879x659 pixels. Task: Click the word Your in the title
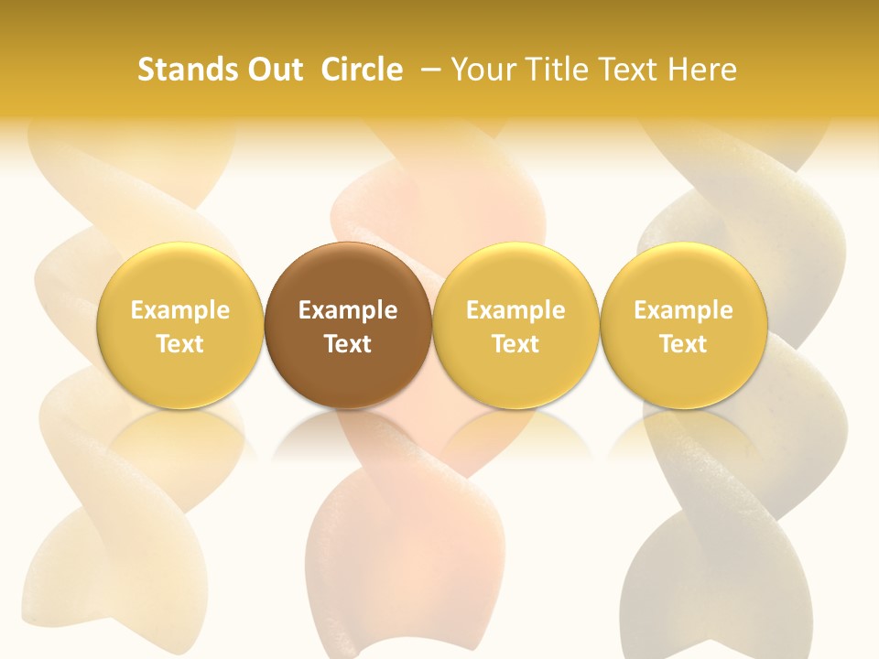483,70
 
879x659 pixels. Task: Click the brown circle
348,325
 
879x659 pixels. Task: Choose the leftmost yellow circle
180,325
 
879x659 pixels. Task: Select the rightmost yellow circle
683,325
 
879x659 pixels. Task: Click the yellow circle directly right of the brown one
515,325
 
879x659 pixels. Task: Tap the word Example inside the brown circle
348,310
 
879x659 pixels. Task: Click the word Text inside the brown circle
348,344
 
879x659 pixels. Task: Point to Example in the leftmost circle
180,310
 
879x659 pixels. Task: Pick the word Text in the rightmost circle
683,344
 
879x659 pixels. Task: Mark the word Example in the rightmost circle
683,310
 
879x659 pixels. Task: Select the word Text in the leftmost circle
180,344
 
